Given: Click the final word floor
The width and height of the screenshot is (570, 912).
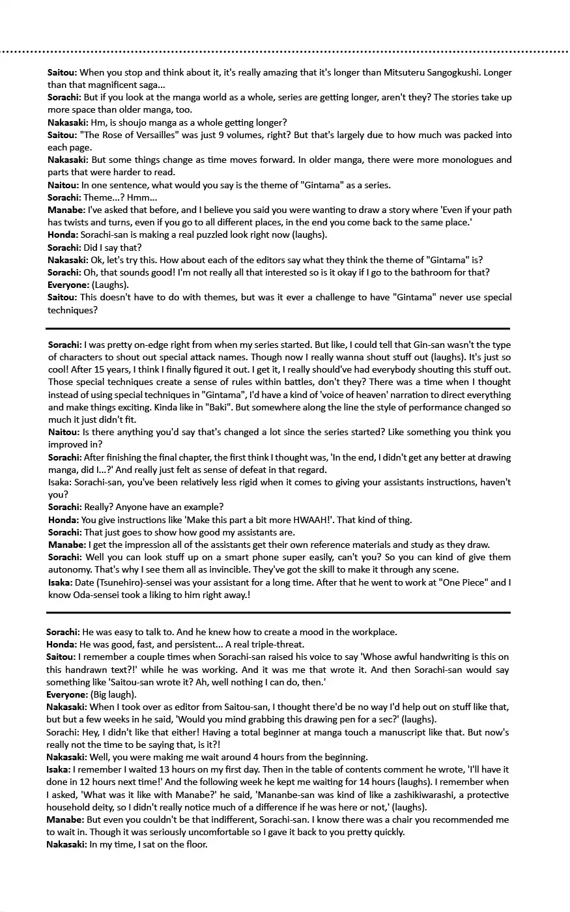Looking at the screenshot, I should coord(195,844).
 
